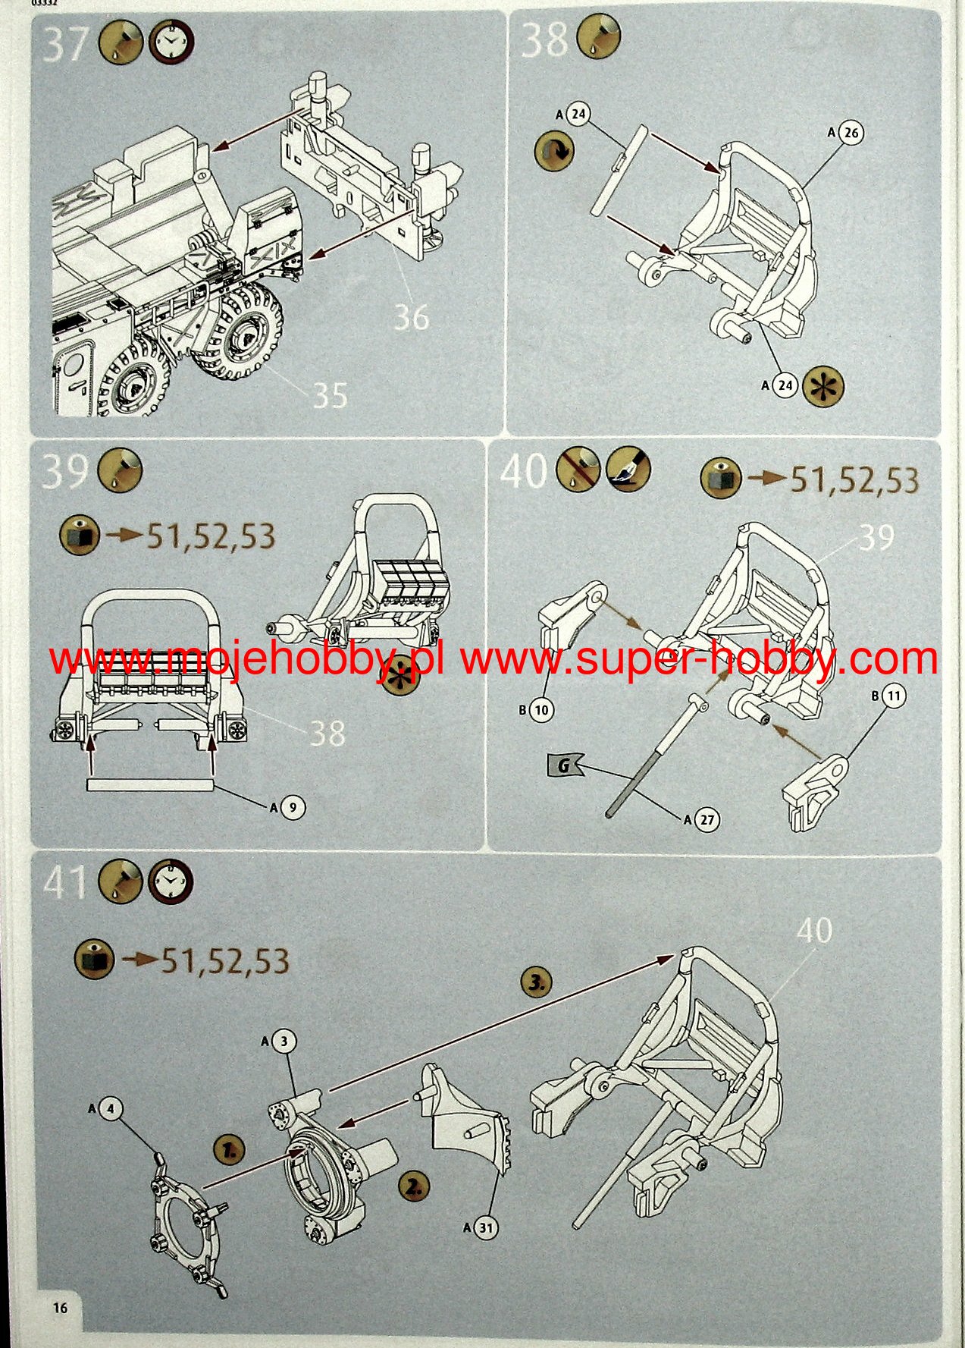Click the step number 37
coord(65,45)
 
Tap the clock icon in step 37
coord(171,41)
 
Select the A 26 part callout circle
coord(851,133)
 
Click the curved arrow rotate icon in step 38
coord(554,150)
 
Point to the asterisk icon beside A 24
coord(822,386)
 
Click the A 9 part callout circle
coord(293,808)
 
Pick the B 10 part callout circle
coord(541,711)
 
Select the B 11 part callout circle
coord(894,696)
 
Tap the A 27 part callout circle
coord(707,820)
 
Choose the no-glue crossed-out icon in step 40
coord(578,469)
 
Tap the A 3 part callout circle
coord(285,1042)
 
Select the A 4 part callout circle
coord(111,1109)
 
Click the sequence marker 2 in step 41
coord(413,1186)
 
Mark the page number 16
coord(60,1308)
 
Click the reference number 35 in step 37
coord(331,395)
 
